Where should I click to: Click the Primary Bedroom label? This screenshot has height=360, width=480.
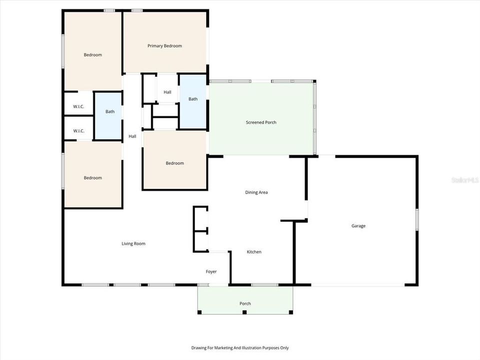click(164, 46)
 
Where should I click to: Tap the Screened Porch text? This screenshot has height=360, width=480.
click(261, 122)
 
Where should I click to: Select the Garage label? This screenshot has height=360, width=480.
click(358, 226)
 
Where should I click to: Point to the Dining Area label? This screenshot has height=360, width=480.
click(256, 192)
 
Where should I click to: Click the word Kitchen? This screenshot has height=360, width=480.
click(254, 252)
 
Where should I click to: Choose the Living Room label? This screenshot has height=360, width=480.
click(133, 244)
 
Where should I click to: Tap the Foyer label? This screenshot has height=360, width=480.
click(211, 272)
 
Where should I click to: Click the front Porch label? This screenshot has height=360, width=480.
click(245, 303)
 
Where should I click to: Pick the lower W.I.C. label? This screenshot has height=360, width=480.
click(78, 131)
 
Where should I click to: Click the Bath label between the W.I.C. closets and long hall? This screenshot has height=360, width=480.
click(110, 111)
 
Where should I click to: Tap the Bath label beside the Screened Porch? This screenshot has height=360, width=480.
click(192, 99)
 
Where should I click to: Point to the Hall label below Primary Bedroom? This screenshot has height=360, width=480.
click(167, 92)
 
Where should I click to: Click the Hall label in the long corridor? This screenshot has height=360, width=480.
click(132, 136)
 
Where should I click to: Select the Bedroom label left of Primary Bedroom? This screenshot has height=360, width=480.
click(92, 55)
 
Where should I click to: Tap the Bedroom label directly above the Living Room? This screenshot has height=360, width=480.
click(92, 178)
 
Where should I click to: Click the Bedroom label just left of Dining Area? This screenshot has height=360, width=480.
click(175, 163)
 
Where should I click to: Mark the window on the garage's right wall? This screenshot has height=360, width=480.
click(416, 219)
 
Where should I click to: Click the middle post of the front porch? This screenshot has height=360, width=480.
click(244, 312)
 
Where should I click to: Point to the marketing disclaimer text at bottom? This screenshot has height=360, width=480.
click(240, 348)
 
